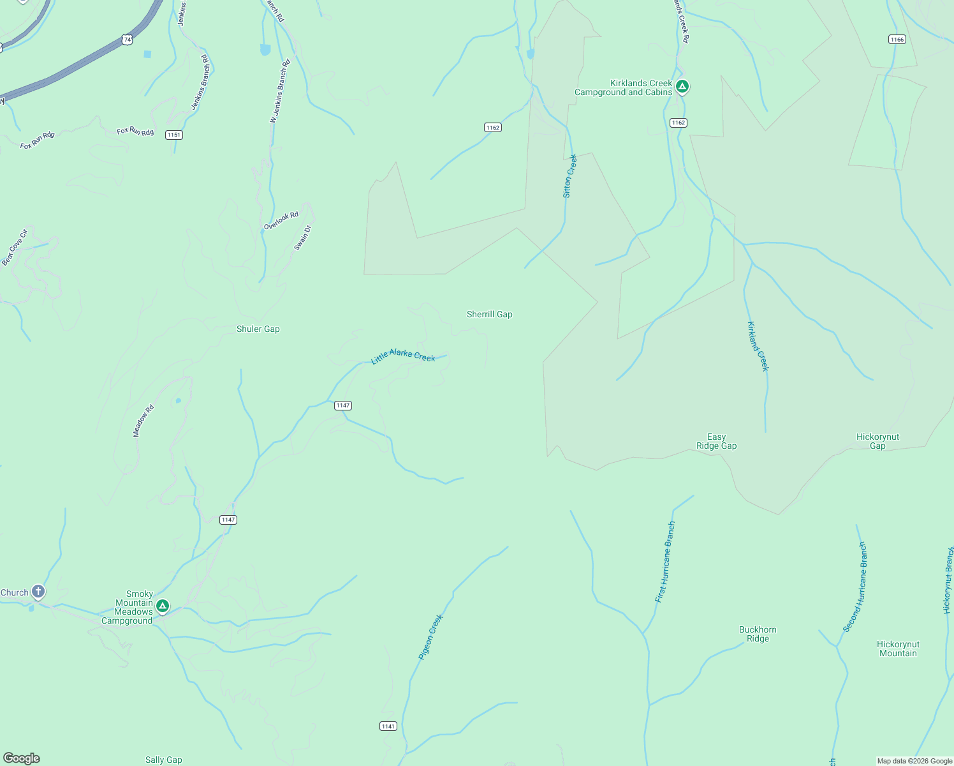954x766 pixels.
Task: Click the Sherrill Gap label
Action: [x=489, y=314]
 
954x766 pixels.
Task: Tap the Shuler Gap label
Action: [x=258, y=329]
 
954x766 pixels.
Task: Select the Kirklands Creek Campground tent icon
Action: [x=682, y=86]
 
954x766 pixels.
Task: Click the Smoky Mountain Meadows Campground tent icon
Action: [x=163, y=606]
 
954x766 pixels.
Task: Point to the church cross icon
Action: [x=38, y=592]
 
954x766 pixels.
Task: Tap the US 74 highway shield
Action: [x=128, y=40]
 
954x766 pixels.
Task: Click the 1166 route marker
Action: [x=897, y=40]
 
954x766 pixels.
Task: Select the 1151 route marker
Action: [x=173, y=135]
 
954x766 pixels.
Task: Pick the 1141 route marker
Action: [x=388, y=726]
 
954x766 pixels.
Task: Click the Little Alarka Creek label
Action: [x=403, y=356]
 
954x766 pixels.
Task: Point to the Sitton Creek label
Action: [x=569, y=176]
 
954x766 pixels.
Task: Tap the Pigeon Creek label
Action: [x=430, y=636]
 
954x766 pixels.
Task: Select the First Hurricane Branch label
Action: [x=665, y=562]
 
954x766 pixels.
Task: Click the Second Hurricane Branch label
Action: [x=855, y=587]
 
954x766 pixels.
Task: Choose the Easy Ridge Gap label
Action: [x=716, y=442]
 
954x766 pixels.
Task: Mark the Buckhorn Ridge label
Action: [x=758, y=634]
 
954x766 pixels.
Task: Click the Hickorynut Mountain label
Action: [x=897, y=649]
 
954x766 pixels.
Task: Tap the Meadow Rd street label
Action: [x=143, y=421]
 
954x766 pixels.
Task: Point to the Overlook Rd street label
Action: [x=281, y=221]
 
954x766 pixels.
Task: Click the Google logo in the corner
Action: [x=22, y=758]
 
